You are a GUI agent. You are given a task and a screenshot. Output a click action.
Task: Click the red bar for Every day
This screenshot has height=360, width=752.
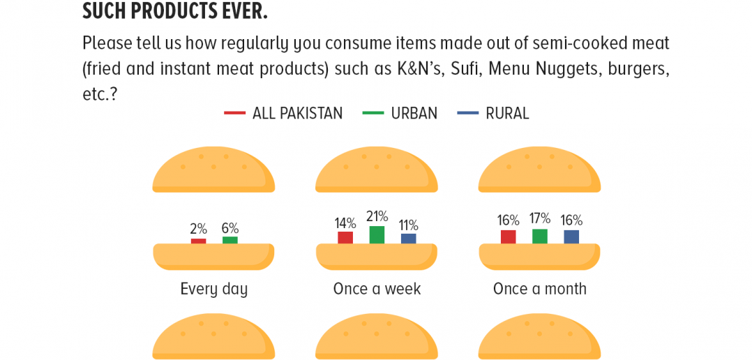coord(199,241)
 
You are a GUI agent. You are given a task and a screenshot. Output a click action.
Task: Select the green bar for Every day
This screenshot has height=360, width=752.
coord(230,240)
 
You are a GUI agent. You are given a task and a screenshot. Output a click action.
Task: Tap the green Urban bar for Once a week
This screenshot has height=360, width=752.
coord(377,235)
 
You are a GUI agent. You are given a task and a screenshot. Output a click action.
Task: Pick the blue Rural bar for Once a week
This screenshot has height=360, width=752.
coord(409,239)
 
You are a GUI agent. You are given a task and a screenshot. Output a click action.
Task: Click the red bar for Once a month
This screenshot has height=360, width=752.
coord(509,237)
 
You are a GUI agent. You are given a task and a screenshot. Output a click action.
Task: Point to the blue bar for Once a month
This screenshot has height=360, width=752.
coord(571,237)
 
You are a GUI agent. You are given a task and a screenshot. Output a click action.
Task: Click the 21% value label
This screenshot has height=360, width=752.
coord(377,216)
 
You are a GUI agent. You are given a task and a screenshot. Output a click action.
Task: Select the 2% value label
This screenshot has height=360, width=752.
coord(198,229)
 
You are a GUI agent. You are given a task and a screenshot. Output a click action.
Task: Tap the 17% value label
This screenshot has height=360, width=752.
coord(539,219)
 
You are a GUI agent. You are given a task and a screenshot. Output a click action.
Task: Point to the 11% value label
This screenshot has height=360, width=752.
coord(408,225)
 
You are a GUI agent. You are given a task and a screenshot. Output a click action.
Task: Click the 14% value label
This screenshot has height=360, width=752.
coord(345,223)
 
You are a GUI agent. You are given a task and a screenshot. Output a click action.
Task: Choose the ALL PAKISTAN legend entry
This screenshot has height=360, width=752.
coord(283,114)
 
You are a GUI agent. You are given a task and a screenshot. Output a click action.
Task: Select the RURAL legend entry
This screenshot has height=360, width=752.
coord(493,114)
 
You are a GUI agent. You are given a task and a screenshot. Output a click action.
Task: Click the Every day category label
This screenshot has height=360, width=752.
coord(214,290)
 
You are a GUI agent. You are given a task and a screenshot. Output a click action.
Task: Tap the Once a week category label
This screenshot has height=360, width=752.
coord(377,289)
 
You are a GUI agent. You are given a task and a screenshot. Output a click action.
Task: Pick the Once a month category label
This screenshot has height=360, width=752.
coord(539,289)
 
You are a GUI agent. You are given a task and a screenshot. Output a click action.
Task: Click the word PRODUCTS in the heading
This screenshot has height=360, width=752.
coord(176,11)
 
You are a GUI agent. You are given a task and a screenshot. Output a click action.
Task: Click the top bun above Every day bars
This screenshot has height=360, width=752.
coord(213,170)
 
